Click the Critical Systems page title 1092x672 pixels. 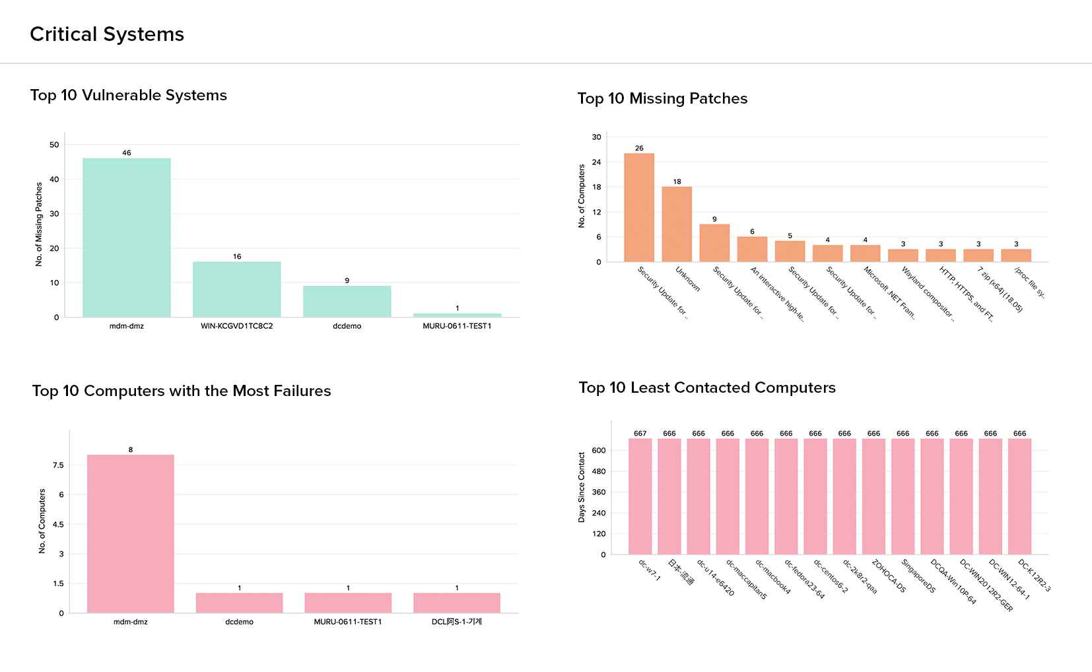pos(107,34)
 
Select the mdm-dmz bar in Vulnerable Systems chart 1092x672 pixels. pos(127,238)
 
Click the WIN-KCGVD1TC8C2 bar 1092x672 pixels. pos(236,289)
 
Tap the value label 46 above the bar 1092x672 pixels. pos(127,153)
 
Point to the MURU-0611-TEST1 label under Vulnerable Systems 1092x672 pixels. pos(457,326)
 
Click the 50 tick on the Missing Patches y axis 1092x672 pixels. pos(54,145)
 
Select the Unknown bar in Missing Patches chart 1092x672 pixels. pos(677,224)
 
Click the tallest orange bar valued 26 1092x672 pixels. pos(639,207)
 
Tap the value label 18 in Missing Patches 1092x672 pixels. pos(677,182)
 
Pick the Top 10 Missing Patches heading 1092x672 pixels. pos(662,98)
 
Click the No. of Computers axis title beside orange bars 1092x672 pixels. pos(582,197)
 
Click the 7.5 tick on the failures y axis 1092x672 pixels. pos(58,465)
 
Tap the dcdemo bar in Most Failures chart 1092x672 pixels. pos(239,603)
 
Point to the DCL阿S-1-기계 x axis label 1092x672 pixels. pos(457,622)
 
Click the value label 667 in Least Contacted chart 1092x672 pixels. pos(640,434)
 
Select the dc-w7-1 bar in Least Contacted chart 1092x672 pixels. pos(640,496)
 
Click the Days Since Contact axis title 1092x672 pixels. pos(582,487)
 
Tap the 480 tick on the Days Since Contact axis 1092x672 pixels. pos(599,471)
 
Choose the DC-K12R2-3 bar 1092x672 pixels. pos(1019,496)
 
